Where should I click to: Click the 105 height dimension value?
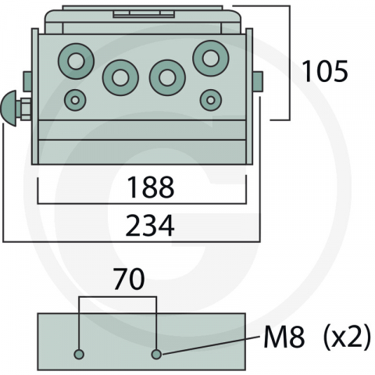[325, 73]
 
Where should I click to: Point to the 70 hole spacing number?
[128, 280]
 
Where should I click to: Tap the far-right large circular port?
[210, 59]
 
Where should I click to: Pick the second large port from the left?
[120, 77]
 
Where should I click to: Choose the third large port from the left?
[166, 77]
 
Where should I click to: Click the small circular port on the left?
[76, 100]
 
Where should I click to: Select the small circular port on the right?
[209, 100]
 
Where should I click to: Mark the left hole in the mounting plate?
[78, 355]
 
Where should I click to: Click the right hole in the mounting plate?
[156, 355]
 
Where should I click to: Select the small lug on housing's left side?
[27, 80]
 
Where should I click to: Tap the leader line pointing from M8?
[211, 345]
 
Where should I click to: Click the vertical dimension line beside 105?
[290, 62]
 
